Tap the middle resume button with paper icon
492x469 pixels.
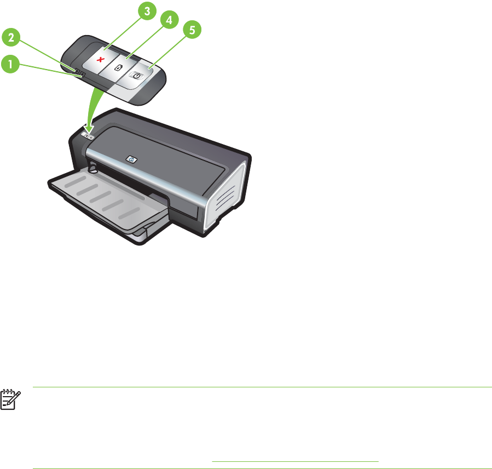tap(118, 67)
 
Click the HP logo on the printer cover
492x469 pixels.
tap(131, 158)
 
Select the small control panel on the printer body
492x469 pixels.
tap(90, 135)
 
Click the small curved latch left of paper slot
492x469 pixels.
tap(91, 167)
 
